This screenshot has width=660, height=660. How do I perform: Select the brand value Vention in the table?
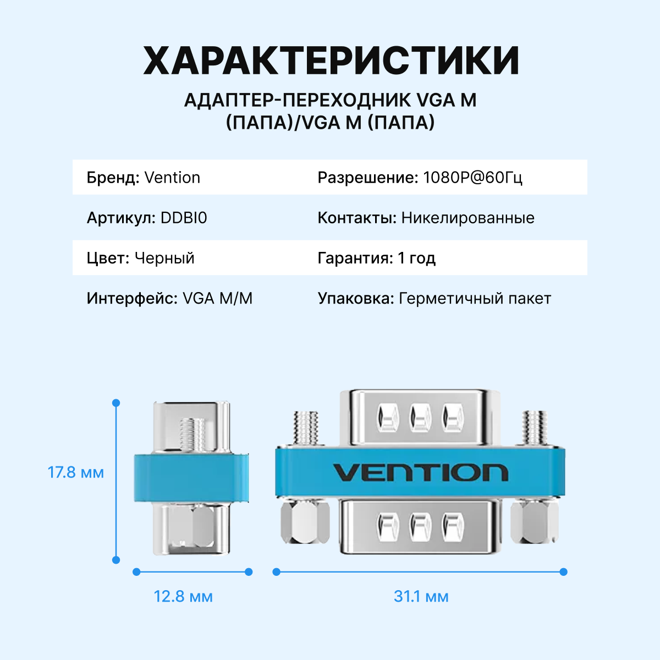pos(172,178)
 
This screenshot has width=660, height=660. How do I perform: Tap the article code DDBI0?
pos(184,218)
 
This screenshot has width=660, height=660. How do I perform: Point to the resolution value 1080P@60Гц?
pos(472,178)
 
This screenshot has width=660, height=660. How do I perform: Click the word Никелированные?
pos(468,218)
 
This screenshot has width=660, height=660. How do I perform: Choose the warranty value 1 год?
pos(416,258)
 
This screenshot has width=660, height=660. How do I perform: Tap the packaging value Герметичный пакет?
pos(475,298)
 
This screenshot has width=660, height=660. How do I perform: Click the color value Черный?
pos(164,258)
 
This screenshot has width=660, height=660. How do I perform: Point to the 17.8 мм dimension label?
pos(76,472)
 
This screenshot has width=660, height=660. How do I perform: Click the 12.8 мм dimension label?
pos(183,596)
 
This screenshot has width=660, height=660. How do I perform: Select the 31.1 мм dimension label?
pos(421,596)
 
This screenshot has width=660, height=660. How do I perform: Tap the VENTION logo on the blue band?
pos(420,472)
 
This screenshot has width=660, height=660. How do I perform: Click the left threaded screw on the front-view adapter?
pos(306,428)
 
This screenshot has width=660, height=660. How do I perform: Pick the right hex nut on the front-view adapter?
pos(534,521)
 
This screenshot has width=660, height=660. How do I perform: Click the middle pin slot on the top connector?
pos(420,417)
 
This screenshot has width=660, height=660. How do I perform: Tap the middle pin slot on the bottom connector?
pos(420,526)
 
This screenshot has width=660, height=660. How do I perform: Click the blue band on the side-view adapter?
pos(191,477)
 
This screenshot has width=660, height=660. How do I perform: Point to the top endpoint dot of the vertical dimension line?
pos(116,403)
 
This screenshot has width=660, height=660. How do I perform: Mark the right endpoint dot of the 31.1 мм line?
pos(563,572)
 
